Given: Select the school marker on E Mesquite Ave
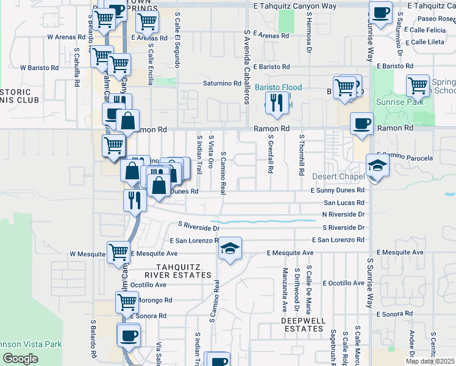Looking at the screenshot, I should [x=230, y=248].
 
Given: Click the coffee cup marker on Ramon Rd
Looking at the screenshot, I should [x=362, y=124].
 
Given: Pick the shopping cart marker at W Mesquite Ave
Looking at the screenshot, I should [x=118, y=252].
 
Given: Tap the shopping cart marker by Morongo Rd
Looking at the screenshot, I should [x=127, y=301].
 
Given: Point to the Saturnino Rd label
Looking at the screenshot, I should [x=223, y=84].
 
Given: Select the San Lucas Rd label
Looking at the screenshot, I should [x=344, y=202].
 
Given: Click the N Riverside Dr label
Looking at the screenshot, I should [x=343, y=215].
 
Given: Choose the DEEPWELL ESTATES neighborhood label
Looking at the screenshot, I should [x=304, y=325].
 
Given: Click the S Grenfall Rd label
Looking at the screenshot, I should [x=269, y=154].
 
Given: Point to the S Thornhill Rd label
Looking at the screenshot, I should [x=301, y=154].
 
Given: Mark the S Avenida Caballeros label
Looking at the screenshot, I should [x=246, y=59].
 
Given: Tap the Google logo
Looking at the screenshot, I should [x=20, y=359].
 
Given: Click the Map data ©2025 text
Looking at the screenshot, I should [x=430, y=361].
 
